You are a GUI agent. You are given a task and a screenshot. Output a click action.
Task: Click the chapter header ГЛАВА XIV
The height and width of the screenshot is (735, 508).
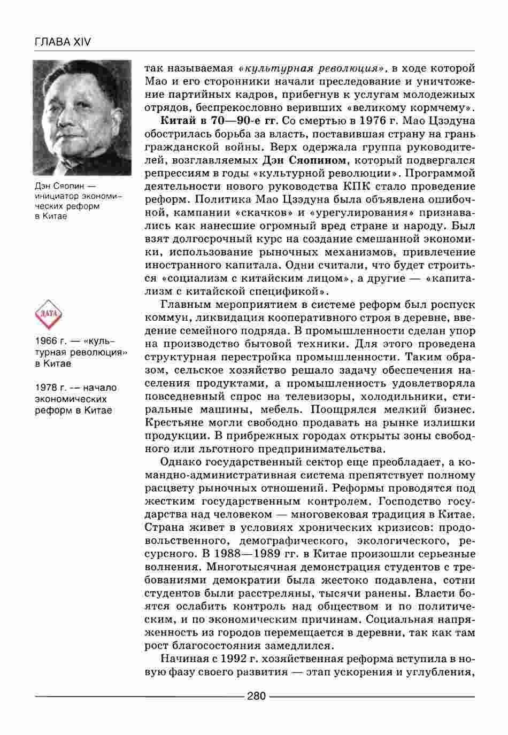[x=63, y=42]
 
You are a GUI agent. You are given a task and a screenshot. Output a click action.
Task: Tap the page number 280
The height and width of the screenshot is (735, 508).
[x=257, y=695]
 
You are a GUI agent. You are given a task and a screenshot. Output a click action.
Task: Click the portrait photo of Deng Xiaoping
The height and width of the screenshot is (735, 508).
[x=82, y=117]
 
